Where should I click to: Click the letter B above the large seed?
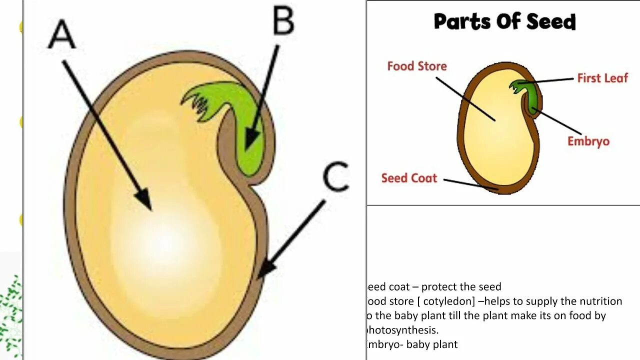pyautogui.click(x=283, y=21)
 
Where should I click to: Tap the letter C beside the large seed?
pyautogui.click(x=335, y=177)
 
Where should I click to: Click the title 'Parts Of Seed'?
pyautogui.click(x=504, y=21)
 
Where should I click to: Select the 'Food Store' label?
pyautogui.click(x=416, y=66)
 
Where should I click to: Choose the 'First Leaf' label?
pyautogui.click(x=602, y=78)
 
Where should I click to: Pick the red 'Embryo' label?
pyautogui.click(x=588, y=141)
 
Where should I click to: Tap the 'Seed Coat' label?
pyautogui.click(x=409, y=178)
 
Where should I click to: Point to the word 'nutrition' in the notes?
pyautogui.click(x=600, y=301)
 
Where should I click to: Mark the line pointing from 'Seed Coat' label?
pyautogui.click(x=470, y=184)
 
